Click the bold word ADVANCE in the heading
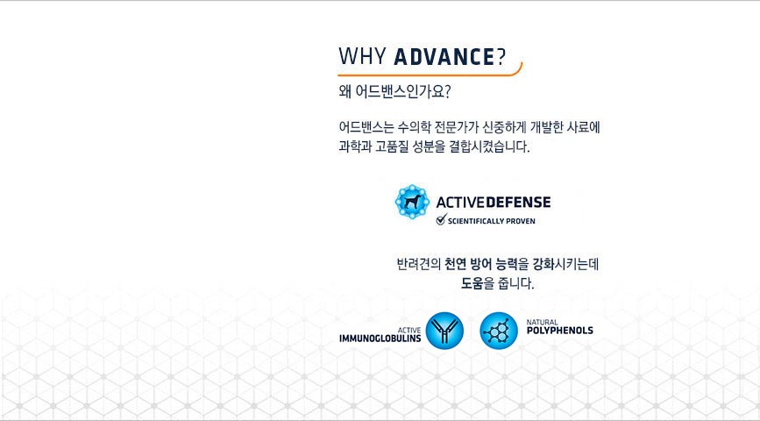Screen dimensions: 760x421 tap(444, 56)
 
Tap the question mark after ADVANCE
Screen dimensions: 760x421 tap(501, 56)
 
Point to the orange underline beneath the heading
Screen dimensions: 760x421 tap(430, 75)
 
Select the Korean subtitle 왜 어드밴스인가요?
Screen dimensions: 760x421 tap(394, 92)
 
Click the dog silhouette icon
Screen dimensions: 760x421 tap(412, 202)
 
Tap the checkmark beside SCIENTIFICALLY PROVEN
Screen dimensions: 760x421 tap(441, 220)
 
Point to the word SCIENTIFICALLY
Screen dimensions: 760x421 tap(475, 221)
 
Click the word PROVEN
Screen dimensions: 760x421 tap(521, 221)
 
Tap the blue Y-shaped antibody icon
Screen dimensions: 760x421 tap(444, 331)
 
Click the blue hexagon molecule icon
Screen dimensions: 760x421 tap(499, 331)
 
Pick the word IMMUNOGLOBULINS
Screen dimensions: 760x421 tap(380, 338)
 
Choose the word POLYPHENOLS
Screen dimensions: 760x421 tap(560, 331)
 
